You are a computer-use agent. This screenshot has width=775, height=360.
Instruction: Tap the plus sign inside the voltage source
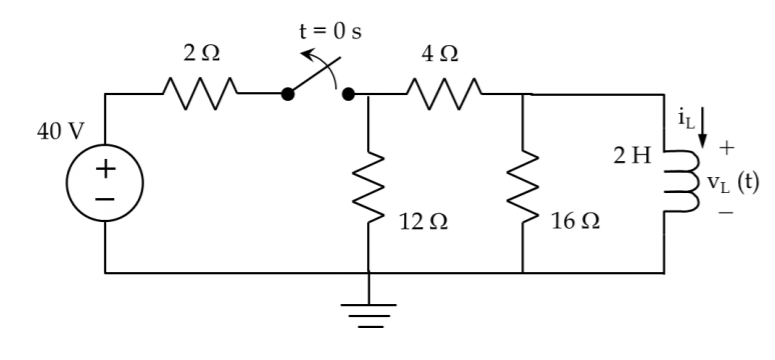(x=105, y=169)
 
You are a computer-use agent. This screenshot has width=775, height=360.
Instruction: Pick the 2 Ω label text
(x=196, y=57)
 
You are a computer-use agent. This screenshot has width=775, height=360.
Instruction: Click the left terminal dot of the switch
(x=287, y=95)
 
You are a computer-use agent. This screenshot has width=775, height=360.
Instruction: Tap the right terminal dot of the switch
(x=348, y=95)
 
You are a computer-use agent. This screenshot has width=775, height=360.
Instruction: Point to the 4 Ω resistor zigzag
(x=442, y=95)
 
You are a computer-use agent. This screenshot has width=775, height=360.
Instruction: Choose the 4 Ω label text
(x=441, y=57)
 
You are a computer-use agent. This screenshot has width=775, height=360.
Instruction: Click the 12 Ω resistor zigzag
(x=369, y=184)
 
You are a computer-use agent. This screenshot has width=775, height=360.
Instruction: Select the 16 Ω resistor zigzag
(x=523, y=184)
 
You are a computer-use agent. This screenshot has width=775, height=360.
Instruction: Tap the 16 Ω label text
(x=575, y=222)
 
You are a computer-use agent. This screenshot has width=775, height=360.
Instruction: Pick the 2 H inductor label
(x=633, y=157)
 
